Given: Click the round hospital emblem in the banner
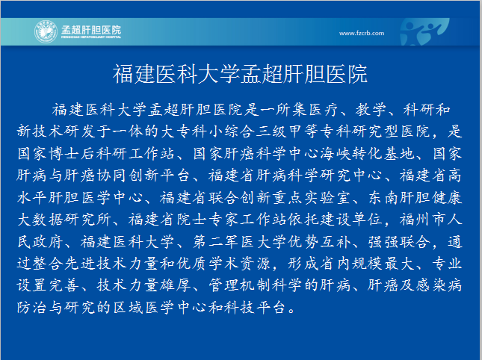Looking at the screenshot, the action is pos(46,31).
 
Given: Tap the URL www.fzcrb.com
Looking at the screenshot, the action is pos(362,33).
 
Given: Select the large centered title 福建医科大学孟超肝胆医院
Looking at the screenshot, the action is pos(240,74).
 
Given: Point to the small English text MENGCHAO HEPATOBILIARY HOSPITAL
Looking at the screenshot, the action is pos(91,37).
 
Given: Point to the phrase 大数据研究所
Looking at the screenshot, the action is pos(64,220).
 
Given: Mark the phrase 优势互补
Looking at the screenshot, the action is pos(319,242).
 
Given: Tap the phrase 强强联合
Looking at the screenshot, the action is pos(399,242).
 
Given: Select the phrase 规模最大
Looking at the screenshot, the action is pos(383,264).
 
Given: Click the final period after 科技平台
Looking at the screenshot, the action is pos(291,310).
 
